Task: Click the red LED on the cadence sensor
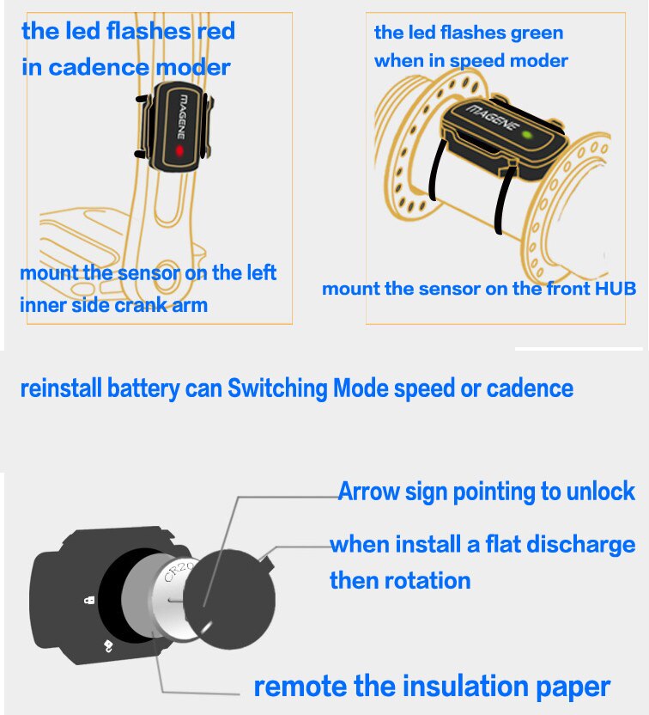coord(179,150)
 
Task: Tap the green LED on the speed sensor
coord(527,135)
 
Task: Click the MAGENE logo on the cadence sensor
coord(181,116)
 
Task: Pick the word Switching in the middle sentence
coord(277,388)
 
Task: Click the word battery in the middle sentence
coord(143,389)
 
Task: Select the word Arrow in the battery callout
coord(368,492)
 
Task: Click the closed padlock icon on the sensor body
coord(89,600)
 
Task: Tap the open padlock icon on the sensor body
coord(108,645)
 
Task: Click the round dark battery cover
coord(229,600)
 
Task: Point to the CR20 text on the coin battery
coord(179,571)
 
